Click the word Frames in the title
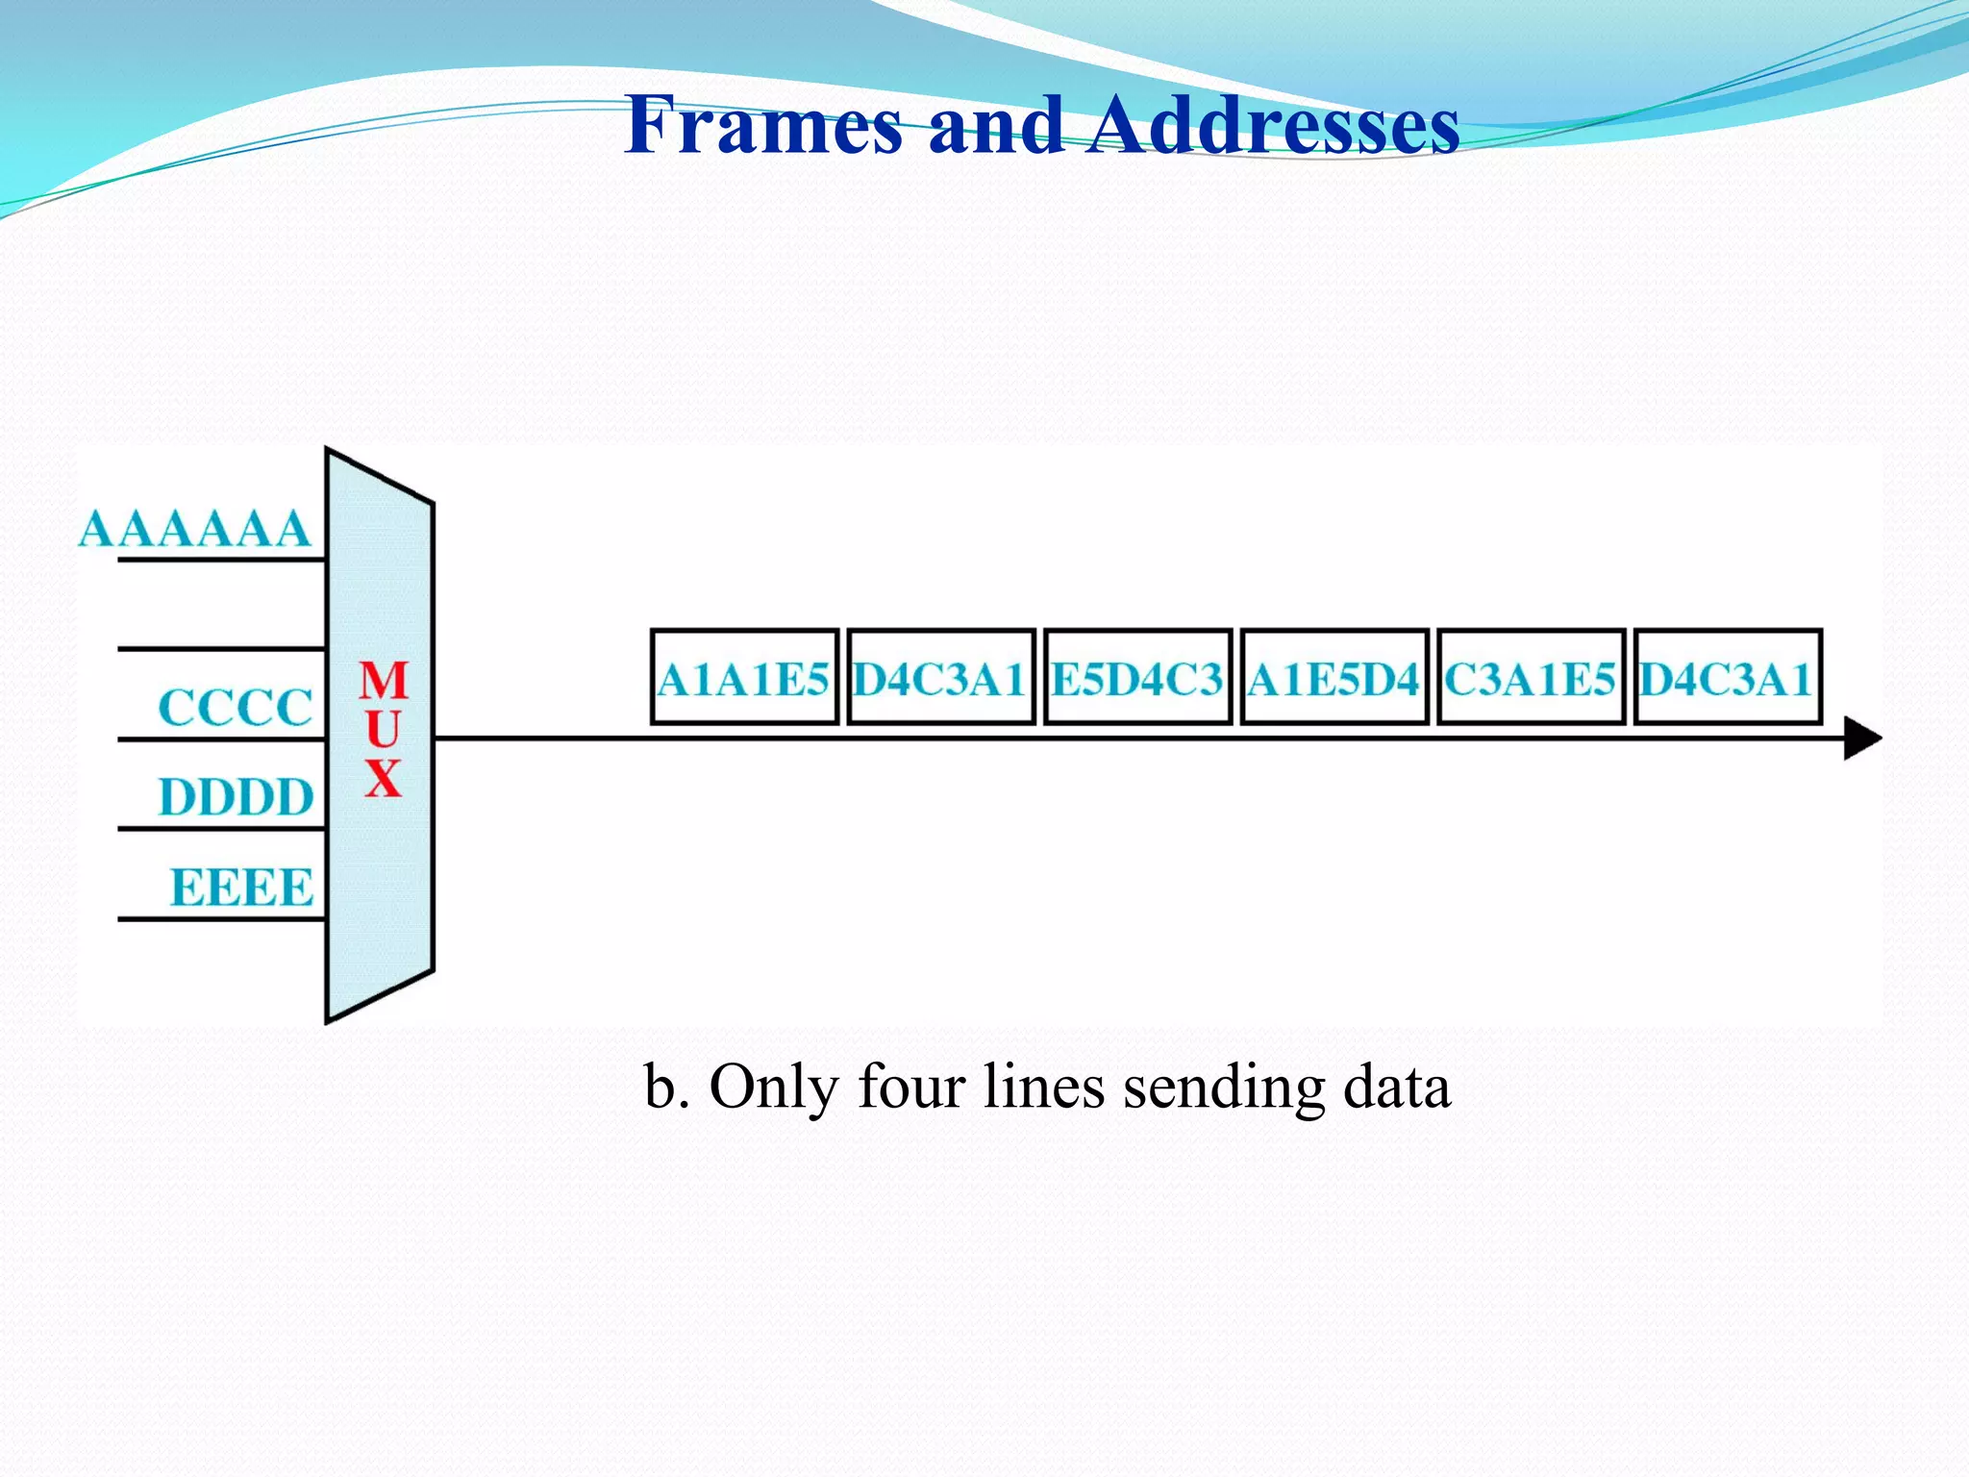[763, 125]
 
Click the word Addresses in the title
[1273, 125]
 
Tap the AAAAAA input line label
[194, 530]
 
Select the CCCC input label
[236, 709]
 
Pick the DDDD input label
[236, 798]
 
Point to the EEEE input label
[241, 888]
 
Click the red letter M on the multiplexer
[384, 681]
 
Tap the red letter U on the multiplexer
[383, 729]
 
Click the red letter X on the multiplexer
[383, 778]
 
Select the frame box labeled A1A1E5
[744, 678]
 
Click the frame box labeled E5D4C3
[1137, 678]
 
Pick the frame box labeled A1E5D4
[1333, 678]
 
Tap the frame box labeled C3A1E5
[1531, 678]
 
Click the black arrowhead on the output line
[1861, 738]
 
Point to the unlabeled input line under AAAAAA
[221, 649]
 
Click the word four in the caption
[910, 1088]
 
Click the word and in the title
[996, 125]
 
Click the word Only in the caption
[773, 1088]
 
